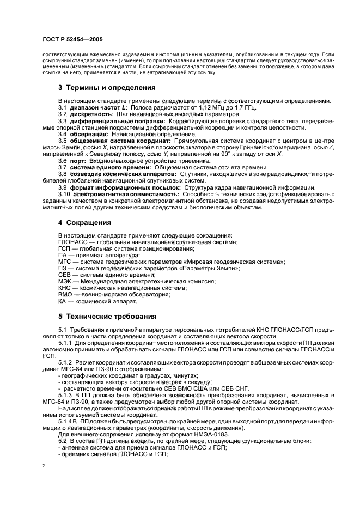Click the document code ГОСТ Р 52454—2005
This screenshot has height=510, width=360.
click(72, 40)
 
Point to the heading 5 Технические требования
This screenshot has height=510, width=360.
click(107, 316)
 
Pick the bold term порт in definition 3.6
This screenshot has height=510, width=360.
click(77, 161)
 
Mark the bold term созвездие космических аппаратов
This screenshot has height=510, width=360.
click(122, 174)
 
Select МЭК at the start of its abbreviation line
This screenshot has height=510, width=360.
click(65, 281)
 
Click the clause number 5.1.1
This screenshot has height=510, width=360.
click(65, 343)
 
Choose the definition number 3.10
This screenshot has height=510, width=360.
click(64, 193)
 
